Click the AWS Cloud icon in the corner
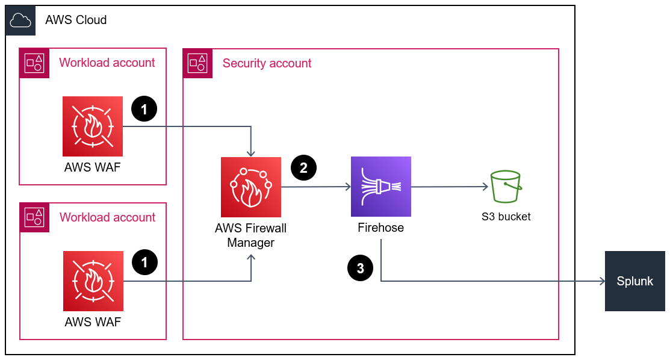(20, 20)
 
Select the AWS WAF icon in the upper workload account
(93, 126)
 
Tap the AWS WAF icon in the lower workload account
(93, 281)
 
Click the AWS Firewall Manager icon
(251, 187)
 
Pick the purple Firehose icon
(380, 187)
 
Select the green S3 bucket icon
(505, 187)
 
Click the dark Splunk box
(634, 281)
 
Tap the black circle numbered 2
(303, 169)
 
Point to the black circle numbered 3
(360, 268)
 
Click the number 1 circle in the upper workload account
(144, 109)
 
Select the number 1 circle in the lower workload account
(144, 262)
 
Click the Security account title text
(267, 63)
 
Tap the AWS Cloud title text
(76, 20)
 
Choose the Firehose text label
(380, 228)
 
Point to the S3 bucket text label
(506, 217)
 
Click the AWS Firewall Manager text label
(251, 235)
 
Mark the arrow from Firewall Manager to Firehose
(315, 187)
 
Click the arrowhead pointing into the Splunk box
(601, 281)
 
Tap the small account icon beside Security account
(198, 63)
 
